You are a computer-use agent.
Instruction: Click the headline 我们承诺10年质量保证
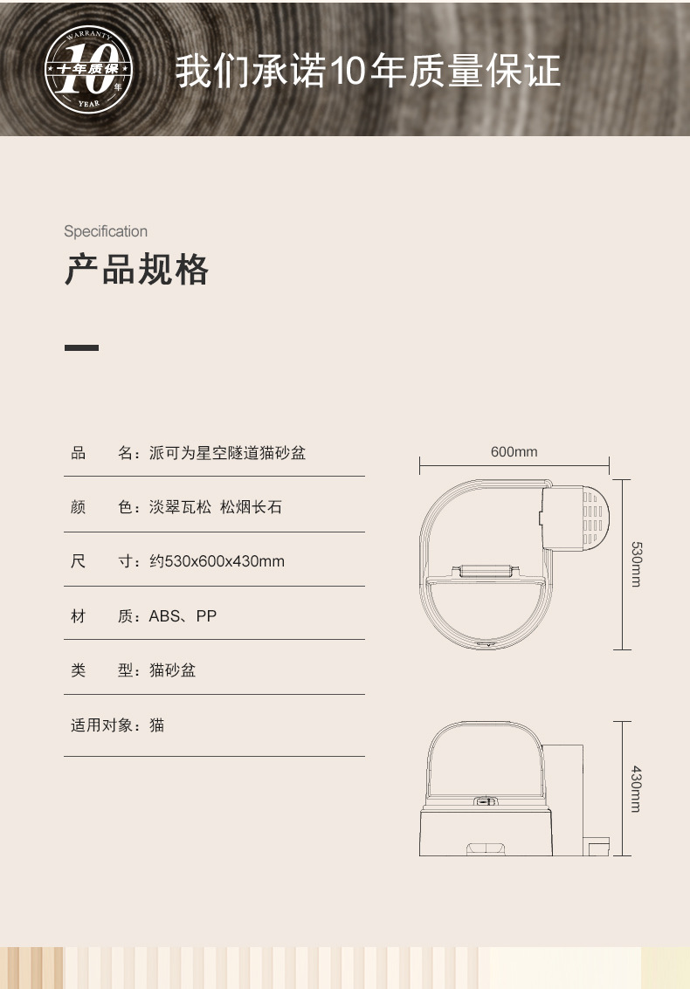click(x=368, y=72)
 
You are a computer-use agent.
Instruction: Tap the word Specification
click(x=106, y=231)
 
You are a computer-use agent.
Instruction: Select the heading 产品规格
click(x=137, y=271)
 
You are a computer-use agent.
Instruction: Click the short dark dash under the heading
click(x=81, y=347)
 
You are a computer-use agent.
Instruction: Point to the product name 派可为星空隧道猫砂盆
click(x=228, y=453)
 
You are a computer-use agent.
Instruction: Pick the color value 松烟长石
click(x=252, y=507)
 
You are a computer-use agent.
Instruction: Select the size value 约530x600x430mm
click(x=217, y=561)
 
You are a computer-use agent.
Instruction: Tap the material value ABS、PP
click(x=183, y=616)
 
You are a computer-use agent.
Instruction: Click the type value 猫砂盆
click(x=173, y=670)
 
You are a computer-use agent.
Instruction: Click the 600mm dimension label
click(x=514, y=452)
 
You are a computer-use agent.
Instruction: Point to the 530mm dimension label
click(x=636, y=564)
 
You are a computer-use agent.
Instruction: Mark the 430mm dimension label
click(x=636, y=789)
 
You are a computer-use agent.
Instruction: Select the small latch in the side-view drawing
click(x=485, y=800)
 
